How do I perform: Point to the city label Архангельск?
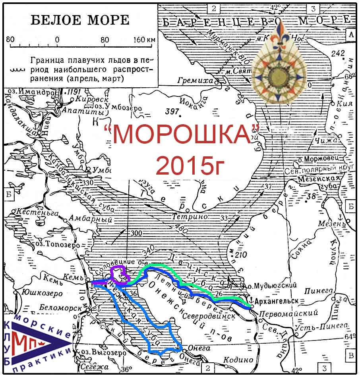277,300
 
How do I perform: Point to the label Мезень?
329,223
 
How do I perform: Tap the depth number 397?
171,112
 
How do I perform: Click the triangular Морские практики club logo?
37,342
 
